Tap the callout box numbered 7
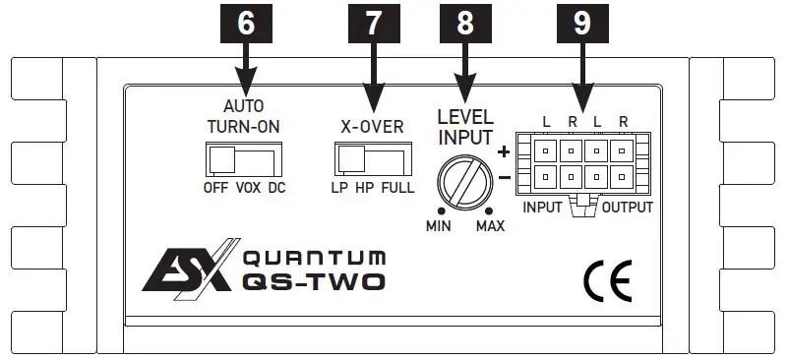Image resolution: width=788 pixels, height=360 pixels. (x=371, y=26)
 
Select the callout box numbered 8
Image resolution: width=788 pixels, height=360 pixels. (x=465, y=26)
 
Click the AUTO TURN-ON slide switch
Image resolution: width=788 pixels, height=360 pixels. (x=243, y=159)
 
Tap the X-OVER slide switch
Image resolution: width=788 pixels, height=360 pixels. (x=375, y=158)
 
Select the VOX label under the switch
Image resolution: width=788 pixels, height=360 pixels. (x=244, y=188)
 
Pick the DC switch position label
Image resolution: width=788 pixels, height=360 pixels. (x=275, y=188)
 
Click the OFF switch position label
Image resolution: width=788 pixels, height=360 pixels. (x=214, y=188)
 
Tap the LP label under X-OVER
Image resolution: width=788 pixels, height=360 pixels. (x=338, y=188)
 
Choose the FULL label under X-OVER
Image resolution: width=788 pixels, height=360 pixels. (x=398, y=188)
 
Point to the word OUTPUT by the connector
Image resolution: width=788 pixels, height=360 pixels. (x=627, y=209)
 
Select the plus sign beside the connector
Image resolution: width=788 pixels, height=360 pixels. (x=504, y=151)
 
